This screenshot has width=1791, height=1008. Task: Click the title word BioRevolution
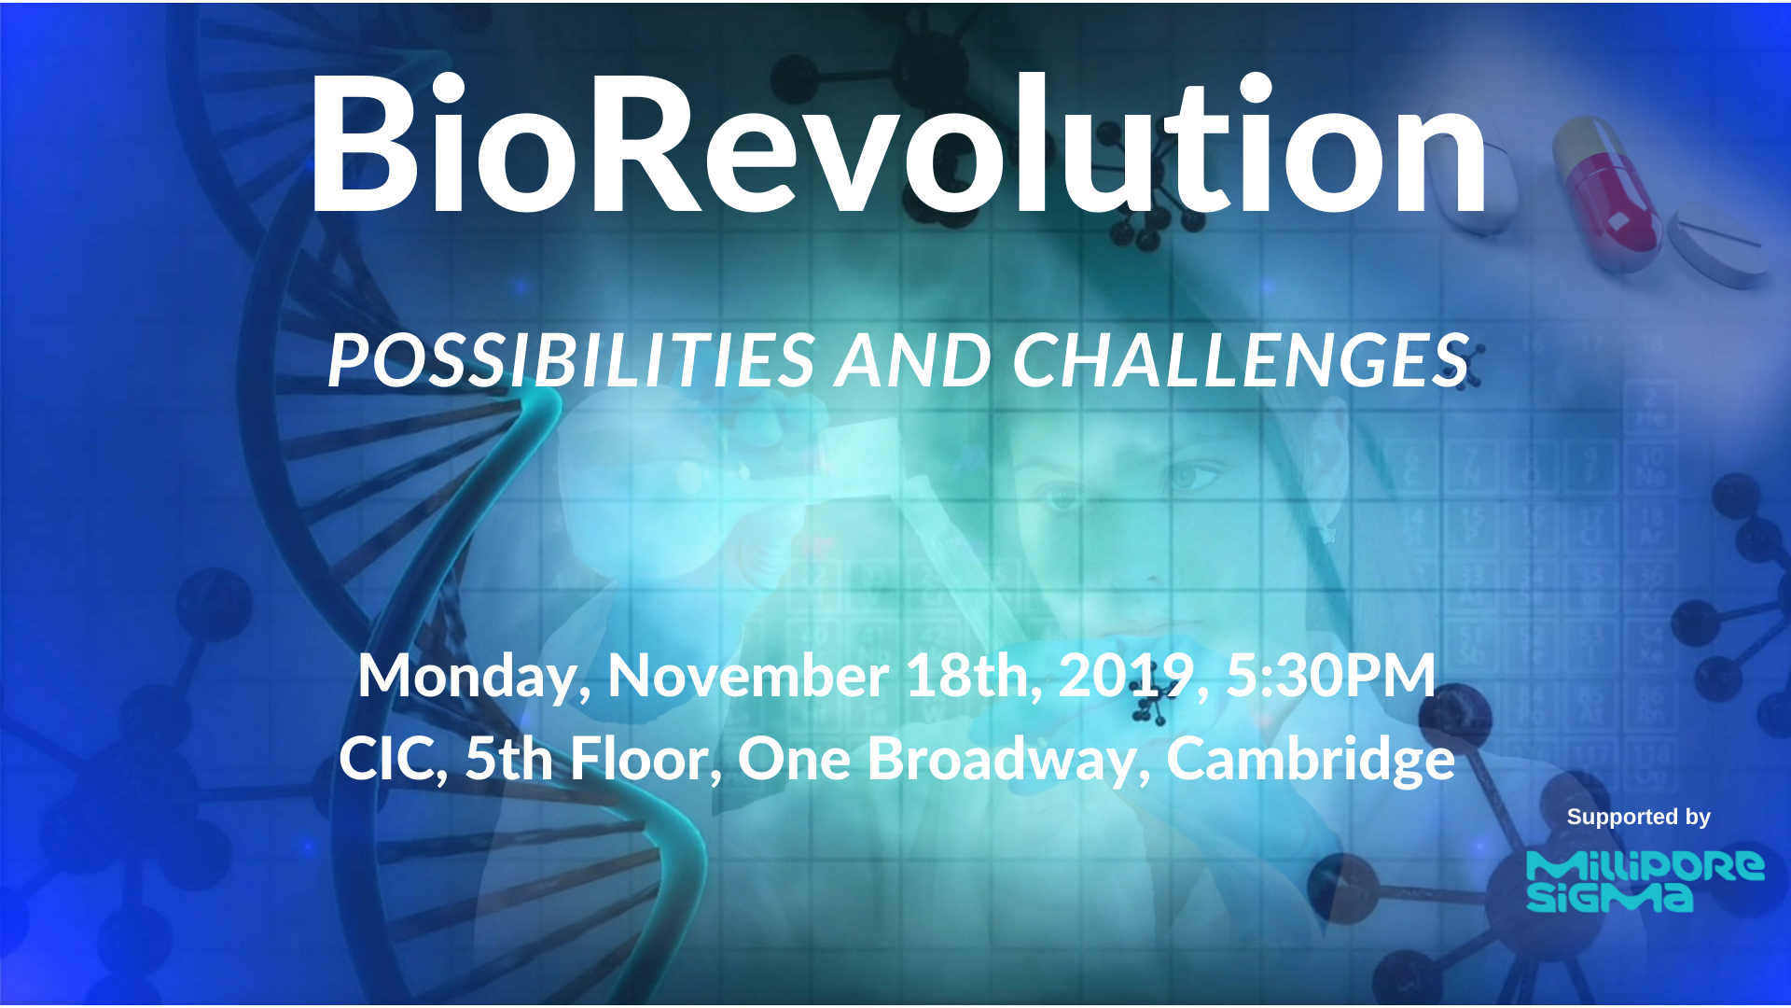[895, 145]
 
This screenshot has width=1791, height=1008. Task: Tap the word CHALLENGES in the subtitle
[1241, 360]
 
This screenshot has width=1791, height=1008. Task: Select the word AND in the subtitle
[912, 360]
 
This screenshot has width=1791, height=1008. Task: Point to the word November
[747, 676]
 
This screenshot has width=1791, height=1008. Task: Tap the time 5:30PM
[1330, 676]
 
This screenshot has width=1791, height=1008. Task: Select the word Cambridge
[1311, 759]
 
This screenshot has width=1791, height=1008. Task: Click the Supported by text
[1638, 818]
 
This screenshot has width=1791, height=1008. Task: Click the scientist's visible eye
[1189, 476]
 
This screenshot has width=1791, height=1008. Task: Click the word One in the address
[793, 759]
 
